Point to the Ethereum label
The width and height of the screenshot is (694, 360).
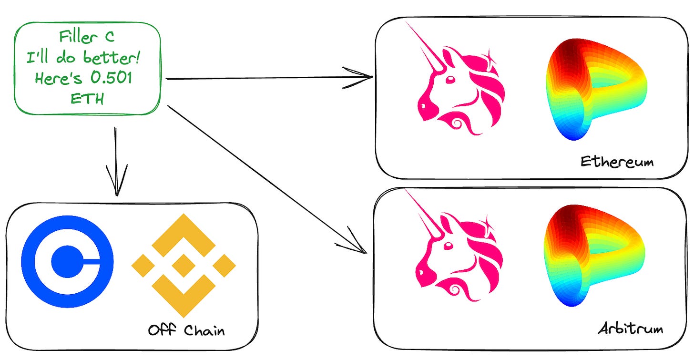pos(617,162)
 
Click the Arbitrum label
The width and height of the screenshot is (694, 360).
pos(630,329)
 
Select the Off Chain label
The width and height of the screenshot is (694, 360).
pos(187,330)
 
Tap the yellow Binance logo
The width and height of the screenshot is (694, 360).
pos(184,265)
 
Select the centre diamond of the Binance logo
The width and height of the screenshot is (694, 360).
pos(184,266)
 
